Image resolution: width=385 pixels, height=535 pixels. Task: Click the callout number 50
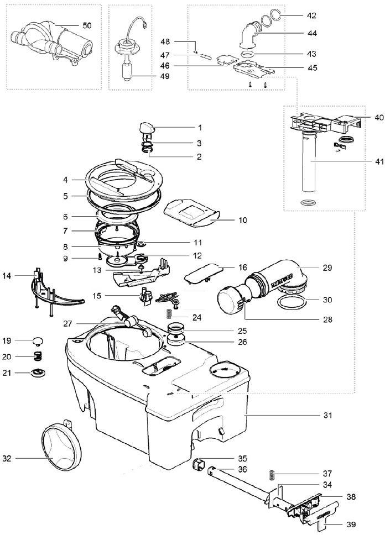[x=87, y=25]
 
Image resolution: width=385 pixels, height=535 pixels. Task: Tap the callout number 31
[x=327, y=415]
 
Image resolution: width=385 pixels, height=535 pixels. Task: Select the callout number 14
[x=7, y=276]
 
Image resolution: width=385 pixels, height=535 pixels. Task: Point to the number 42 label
[x=311, y=15]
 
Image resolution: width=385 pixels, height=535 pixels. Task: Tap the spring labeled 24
[x=168, y=313]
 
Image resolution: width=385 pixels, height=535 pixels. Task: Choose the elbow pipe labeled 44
[x=251, y=34]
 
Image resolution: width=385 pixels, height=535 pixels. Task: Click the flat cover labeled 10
[x=191, y=213]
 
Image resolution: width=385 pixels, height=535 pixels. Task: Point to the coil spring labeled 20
[x=39, y=356]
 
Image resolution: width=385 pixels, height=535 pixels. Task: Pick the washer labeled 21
[x=38, y=373]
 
